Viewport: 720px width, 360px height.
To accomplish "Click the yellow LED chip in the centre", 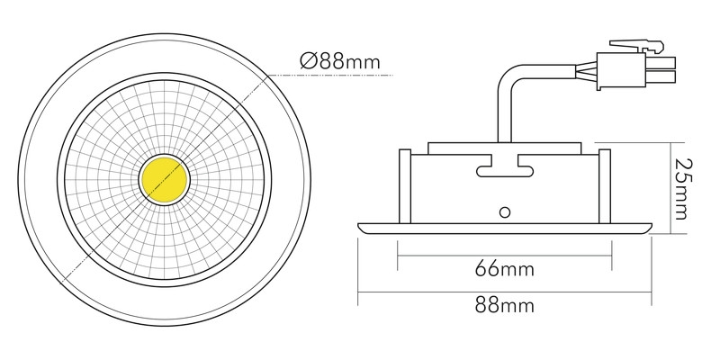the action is (165, 180).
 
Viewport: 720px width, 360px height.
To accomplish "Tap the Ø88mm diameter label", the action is (340, 61).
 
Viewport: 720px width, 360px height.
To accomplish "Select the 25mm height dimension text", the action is (683, 189).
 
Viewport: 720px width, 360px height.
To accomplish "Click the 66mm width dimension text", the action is (505, 269).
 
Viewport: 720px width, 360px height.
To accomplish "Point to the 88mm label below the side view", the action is (505, 305).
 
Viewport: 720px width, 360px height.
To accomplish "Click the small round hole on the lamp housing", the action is (505, 212).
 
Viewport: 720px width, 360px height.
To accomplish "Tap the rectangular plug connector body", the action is (620, 71).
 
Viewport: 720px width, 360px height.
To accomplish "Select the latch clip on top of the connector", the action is (637, 46).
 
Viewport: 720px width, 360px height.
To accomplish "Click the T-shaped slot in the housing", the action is (505, 166).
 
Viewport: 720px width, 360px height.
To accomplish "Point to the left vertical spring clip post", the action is (404, 186).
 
